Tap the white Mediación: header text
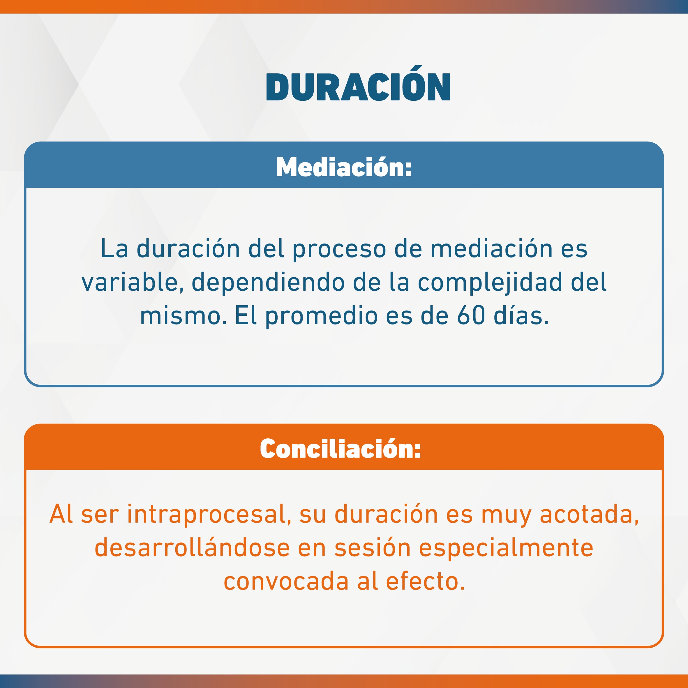(344, 167)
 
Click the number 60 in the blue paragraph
(471, 315)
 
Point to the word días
(521, 315)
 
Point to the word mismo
(184, 315)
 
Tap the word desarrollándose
(192, 547)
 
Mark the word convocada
(286, 581)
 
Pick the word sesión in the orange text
(373, 547)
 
